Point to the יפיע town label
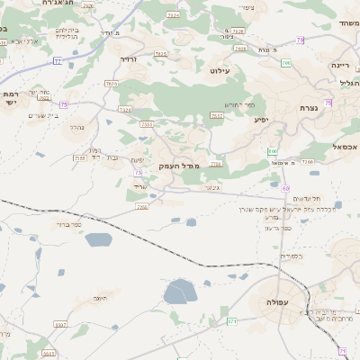(261, 119)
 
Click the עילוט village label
(220, 70)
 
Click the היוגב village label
(100, 296)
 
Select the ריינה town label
(339, 65)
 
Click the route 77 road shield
(57, 61)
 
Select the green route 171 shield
(231, 320)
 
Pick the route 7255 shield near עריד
(141, 206)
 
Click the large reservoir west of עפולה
(179, 292)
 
